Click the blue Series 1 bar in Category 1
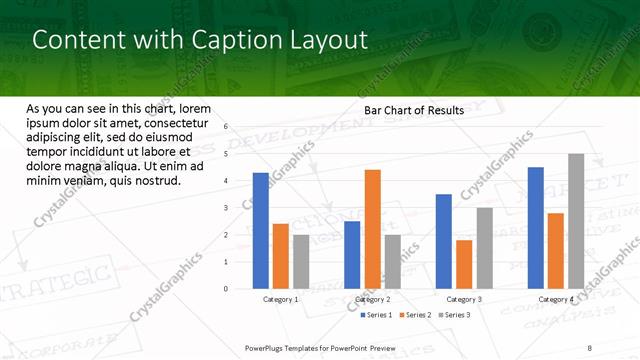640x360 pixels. click(x=261, y=231)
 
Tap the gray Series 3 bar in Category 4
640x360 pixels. click(x=576, y=221)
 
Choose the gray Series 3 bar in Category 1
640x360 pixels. click(x=301, y=262)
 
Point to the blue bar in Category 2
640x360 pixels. click(x=352, y=255)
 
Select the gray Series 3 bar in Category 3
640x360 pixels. click(x=484, y=248)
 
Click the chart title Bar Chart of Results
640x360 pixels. click(x=414, y=111)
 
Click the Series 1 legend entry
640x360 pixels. click(x=377, y=315)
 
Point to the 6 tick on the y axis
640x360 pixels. click(x=226, y=127)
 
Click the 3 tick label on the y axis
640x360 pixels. click(x=226, y=208)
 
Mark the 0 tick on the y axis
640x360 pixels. click(x=226, y=289)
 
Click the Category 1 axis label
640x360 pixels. click(x=280, y=300)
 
